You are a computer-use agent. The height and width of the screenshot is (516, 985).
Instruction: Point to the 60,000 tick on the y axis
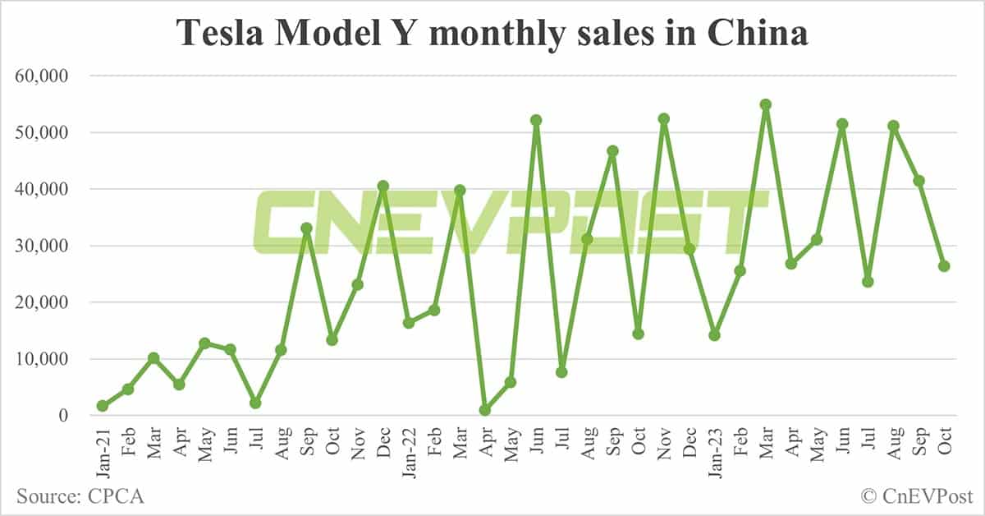40,76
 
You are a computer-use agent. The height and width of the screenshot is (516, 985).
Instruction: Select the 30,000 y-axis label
40,246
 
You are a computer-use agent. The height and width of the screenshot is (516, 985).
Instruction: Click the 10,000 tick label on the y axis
40,359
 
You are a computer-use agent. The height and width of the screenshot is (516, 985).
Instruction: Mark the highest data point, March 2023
765,104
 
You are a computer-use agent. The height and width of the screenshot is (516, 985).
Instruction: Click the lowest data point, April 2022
484,410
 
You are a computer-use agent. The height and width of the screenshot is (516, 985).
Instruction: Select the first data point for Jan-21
102,406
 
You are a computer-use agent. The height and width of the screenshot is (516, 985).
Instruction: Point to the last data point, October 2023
944,266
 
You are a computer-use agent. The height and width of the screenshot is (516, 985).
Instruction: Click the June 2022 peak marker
536,120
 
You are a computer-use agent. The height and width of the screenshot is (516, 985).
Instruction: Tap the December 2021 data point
383,186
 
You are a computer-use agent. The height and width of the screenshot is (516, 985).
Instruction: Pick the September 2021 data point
306,228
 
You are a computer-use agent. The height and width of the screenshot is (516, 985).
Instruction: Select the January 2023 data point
714,335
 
